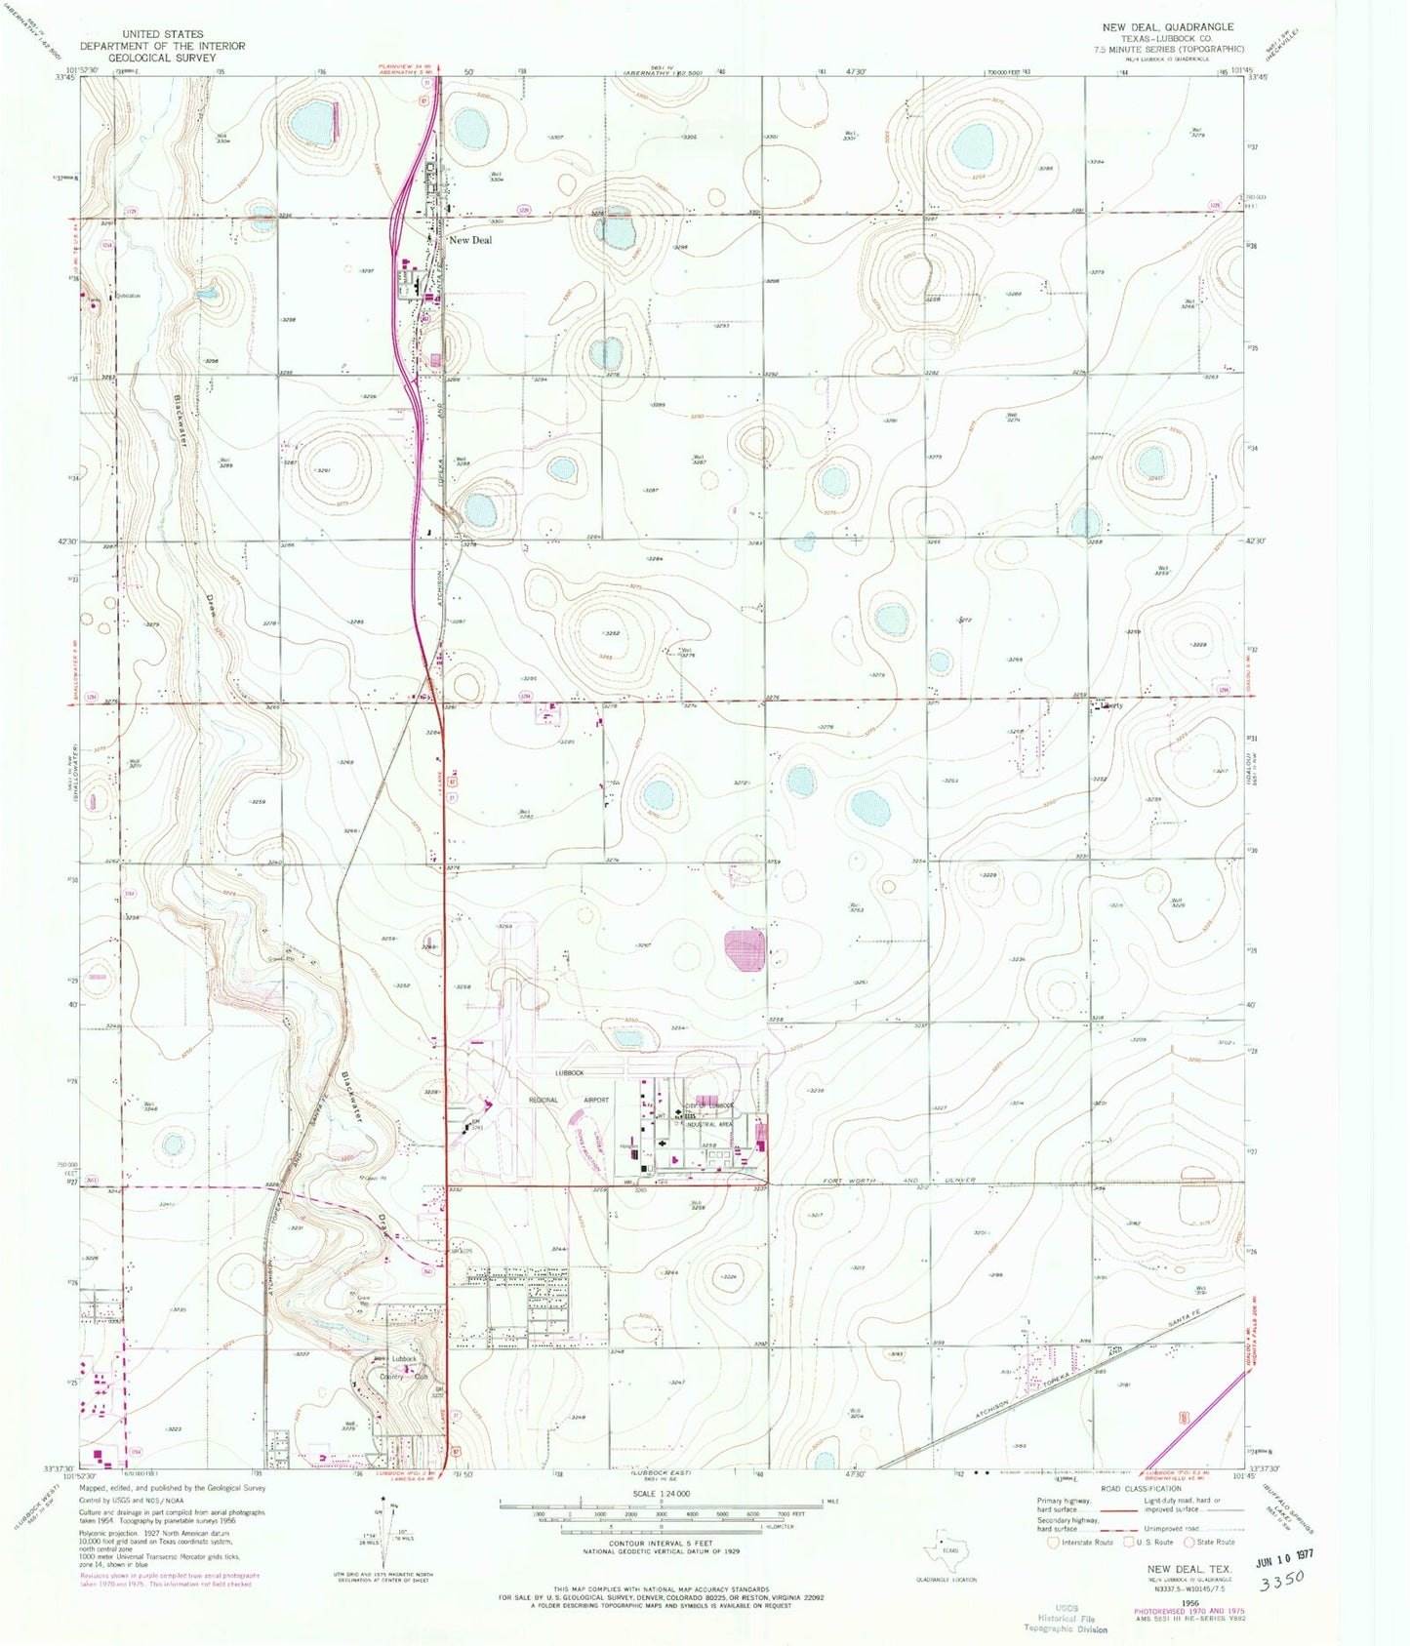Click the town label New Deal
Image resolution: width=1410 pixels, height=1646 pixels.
click(470, 240)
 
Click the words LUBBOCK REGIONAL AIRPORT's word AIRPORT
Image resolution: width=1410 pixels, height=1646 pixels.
click(596, 1100)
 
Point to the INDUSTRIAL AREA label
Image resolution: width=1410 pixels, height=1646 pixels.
click(708, 1124)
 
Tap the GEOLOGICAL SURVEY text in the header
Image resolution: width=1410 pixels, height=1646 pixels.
click(162, 58)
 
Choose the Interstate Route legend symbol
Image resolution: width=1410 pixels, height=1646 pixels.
click(1053, 1543)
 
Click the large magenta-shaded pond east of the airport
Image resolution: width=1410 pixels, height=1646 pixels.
click(745, 951)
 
